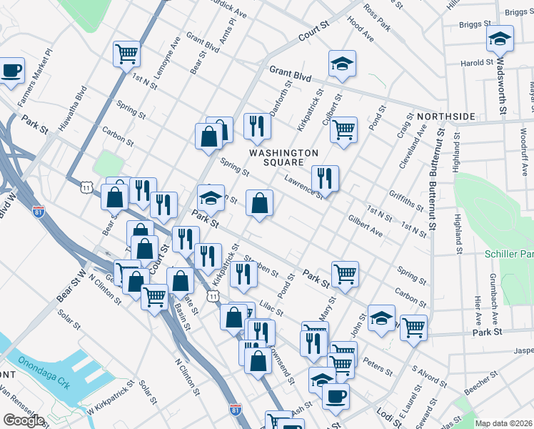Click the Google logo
pos(24,420)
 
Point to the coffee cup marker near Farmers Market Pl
pos(11,70)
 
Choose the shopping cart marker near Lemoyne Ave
pos(126,53)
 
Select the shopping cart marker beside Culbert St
pos(343,129)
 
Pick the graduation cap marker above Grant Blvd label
pos(343,63)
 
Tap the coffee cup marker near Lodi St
pos(336,395)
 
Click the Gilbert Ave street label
pos(365,227)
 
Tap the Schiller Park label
pos(508,254)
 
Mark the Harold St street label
pos(475,63)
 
